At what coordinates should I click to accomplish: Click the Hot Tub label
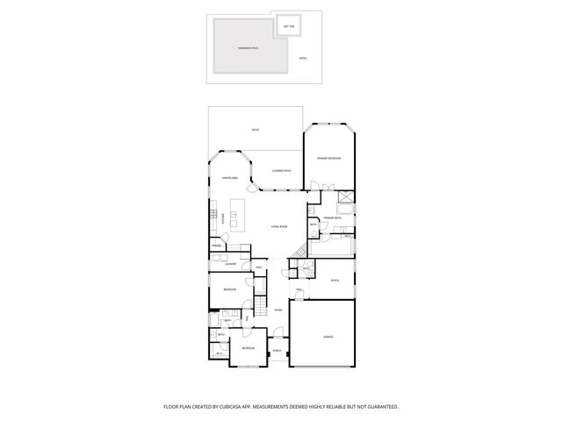(x=288, y=26)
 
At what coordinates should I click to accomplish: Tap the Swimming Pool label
(x=249, y=48)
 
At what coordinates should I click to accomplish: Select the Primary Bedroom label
(x=328, y=158)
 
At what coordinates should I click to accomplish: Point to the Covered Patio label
(x=281, y=170)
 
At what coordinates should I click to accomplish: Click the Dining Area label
(x=230, y=178)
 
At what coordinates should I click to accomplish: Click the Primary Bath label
(x=331, y=217)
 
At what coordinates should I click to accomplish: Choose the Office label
(x=335, y=281)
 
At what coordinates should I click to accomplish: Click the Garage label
(x=328, y=336)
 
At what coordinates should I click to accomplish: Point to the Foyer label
(x=277, y=310)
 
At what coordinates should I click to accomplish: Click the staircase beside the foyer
(x=261, y=306)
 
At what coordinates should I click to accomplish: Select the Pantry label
(x=215, y=246)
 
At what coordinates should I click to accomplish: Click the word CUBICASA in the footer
(x=233, y=407)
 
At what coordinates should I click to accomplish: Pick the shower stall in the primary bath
(x=346, y=197)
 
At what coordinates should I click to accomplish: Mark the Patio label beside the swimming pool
(x=303, y=58)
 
